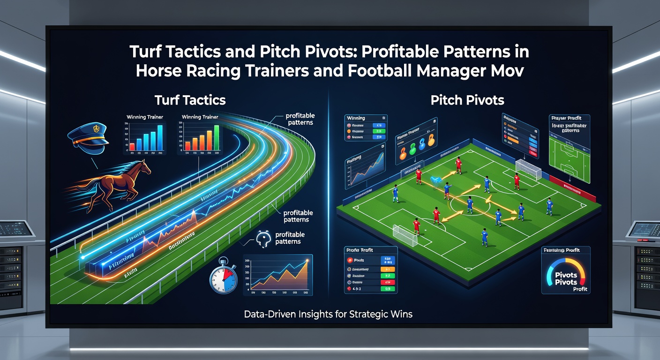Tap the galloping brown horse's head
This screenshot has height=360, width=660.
(143, 166)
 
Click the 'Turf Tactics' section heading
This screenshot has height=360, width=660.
(190, 100)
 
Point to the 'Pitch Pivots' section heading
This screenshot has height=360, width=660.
(467, 100)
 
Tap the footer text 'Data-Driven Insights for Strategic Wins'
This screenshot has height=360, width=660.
(328, 314)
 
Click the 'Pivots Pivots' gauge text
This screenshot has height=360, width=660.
(566, 277)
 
